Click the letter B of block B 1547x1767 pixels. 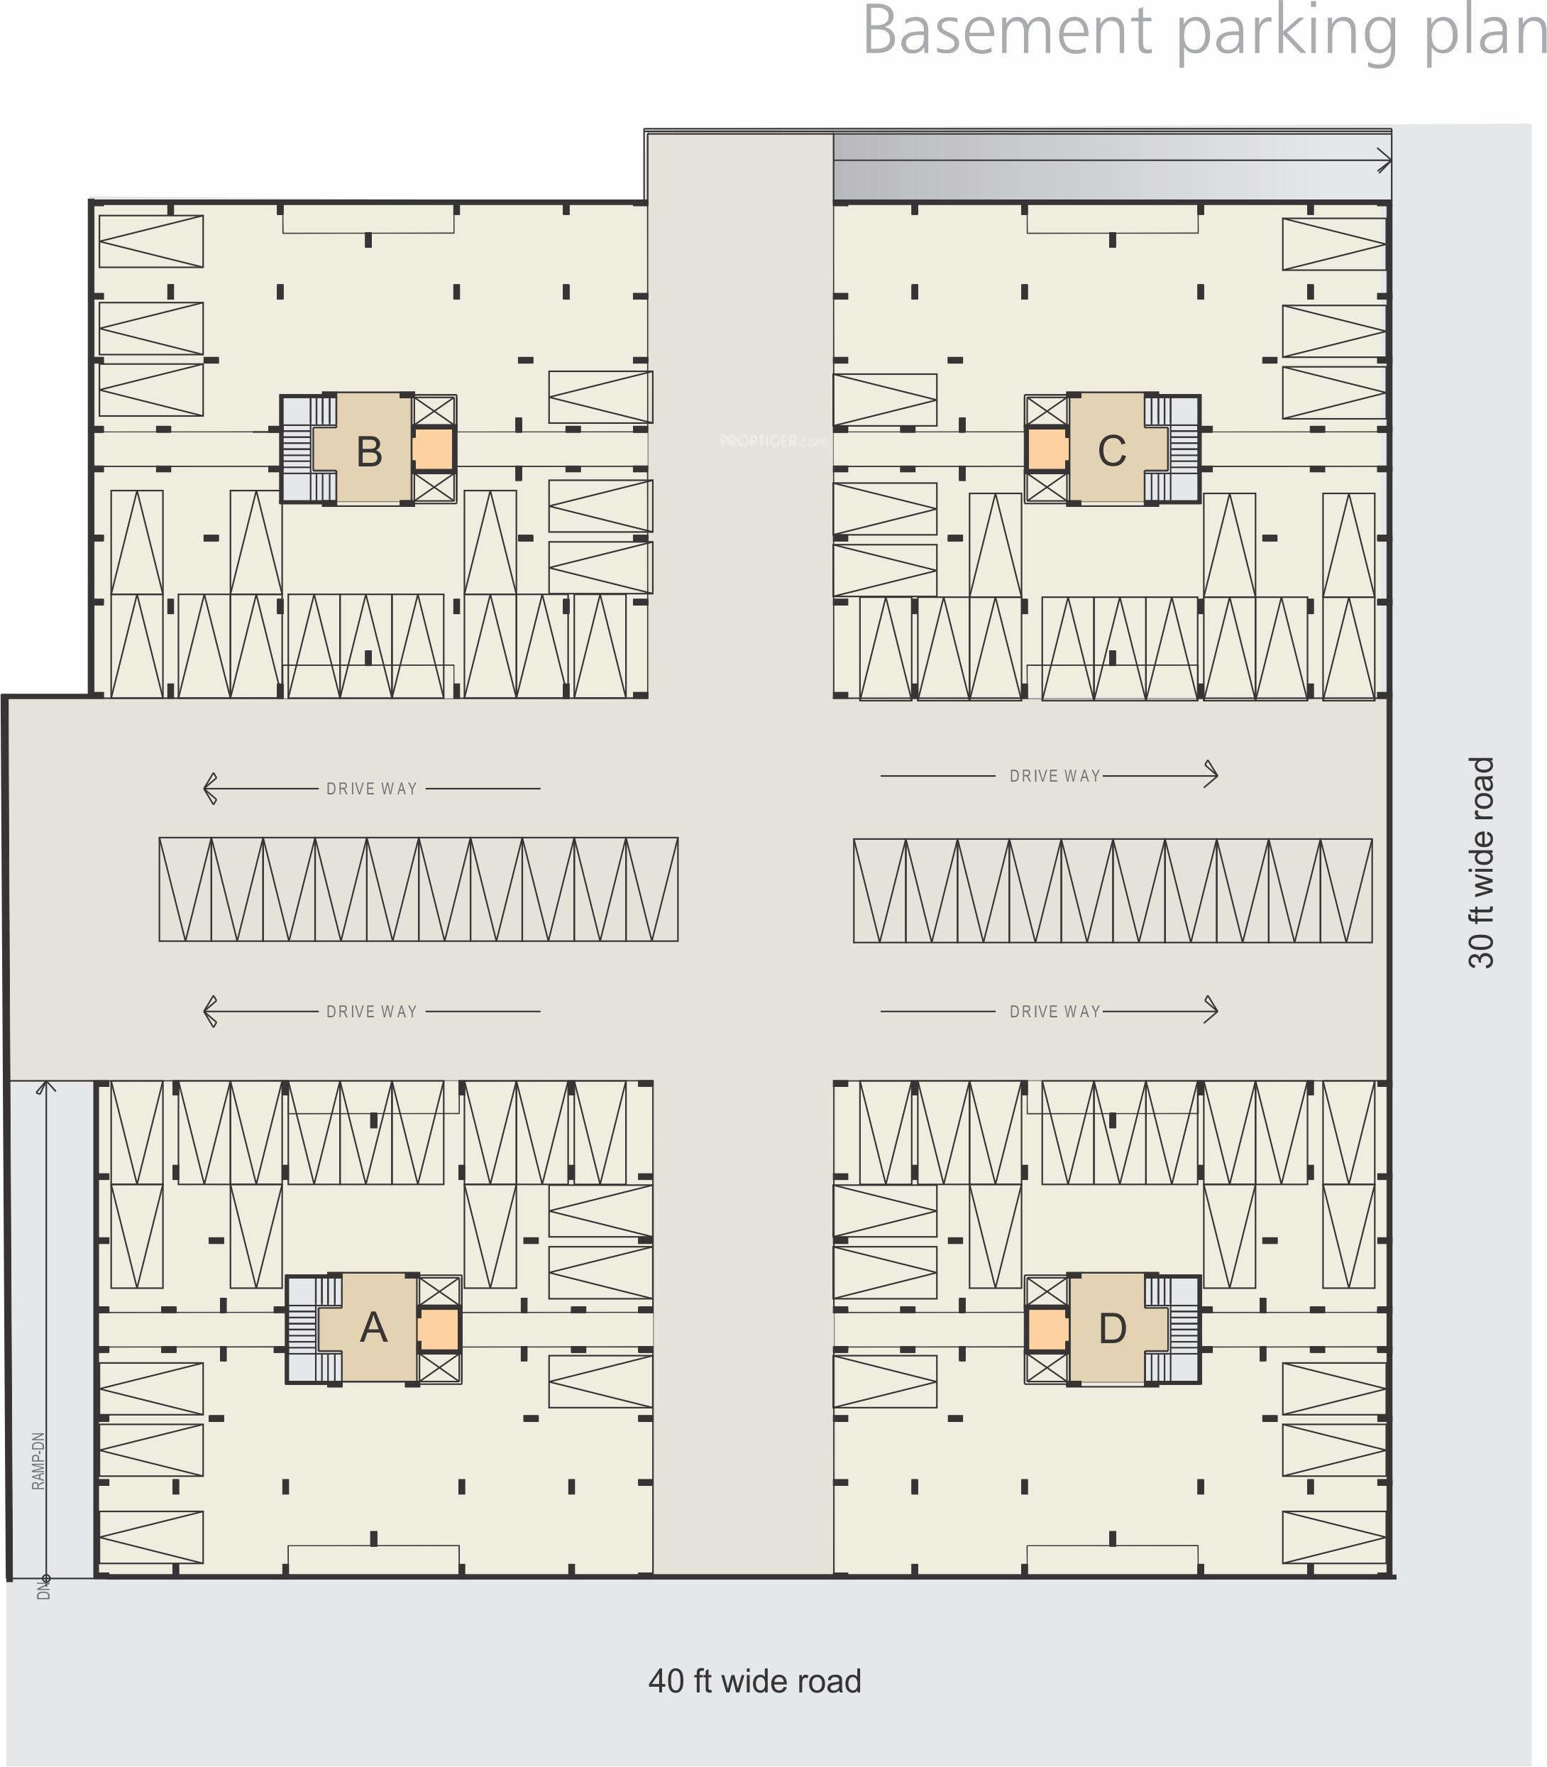(370, 452)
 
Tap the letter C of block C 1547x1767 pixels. (1111, 451)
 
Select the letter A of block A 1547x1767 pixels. (373, 1328)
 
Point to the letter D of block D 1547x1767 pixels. (1112, 1328)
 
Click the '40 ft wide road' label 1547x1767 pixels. (754, 1680)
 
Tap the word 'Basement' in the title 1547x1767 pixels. (1006, 31)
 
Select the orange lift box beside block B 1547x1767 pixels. (432, 450)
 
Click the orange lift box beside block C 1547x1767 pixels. (1046, 450)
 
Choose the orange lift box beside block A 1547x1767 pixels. (438, 1329)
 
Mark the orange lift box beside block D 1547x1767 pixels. (1046, 1329)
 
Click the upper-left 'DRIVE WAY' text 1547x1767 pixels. (371, 789)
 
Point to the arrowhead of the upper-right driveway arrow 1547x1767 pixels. (1212, 774)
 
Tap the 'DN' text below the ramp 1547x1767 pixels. (43, 1587)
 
